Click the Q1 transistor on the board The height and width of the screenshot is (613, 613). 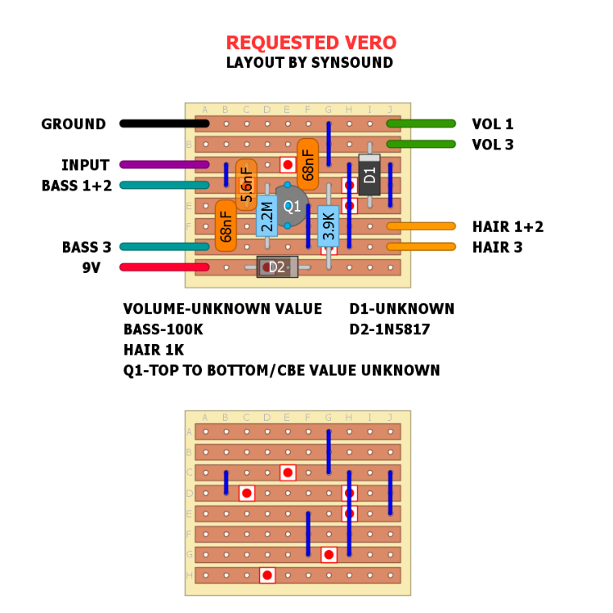pos(292,206)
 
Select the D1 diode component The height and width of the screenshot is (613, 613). pos(369,175)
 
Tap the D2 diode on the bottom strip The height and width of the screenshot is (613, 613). pos(277,266)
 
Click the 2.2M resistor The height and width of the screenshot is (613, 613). pos(267,216)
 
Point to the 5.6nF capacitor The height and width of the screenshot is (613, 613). pos(246,185)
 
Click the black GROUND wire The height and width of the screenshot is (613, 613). pos(164,123)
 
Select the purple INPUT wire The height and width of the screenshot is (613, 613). pos(164,164)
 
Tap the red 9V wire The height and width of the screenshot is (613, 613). pos(164,266)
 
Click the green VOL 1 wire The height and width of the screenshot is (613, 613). pos(421,123)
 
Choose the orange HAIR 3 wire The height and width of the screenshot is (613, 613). pos(421,246)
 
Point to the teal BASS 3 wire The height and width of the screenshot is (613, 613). pos(164,246)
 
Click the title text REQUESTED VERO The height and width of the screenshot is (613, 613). pos(311,43)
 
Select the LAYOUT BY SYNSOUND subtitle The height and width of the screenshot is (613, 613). pos(310,63)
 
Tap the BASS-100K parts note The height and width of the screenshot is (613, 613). pos(163,329)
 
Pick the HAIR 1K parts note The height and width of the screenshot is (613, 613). pos(155,350)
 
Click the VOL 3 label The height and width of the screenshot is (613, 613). pos(493,145)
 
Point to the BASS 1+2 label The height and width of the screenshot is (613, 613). pos(77,186)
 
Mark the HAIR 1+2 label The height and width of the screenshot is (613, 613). pos(508,226)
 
